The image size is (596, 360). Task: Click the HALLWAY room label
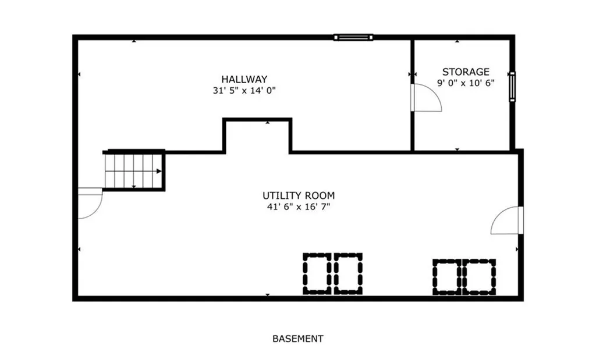pos(244,79)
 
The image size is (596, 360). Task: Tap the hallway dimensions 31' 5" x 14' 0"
pos(244,91)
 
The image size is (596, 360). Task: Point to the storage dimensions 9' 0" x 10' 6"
pos(466,83)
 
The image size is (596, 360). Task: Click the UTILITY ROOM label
pos(299,196)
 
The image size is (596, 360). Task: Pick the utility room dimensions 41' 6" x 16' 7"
pos(299,207)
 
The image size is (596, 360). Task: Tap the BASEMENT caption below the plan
pos(297,338)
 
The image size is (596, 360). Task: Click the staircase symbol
pos(134,171)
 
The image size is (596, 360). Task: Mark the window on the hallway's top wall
pos(353,38)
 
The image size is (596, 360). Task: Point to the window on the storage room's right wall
pos(512,86)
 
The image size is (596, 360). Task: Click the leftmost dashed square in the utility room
pos(317,273)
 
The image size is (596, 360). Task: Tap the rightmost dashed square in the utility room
pos(481,277)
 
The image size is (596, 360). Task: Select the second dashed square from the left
pos(348,273)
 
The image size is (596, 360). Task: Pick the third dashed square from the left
pos(447,277)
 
